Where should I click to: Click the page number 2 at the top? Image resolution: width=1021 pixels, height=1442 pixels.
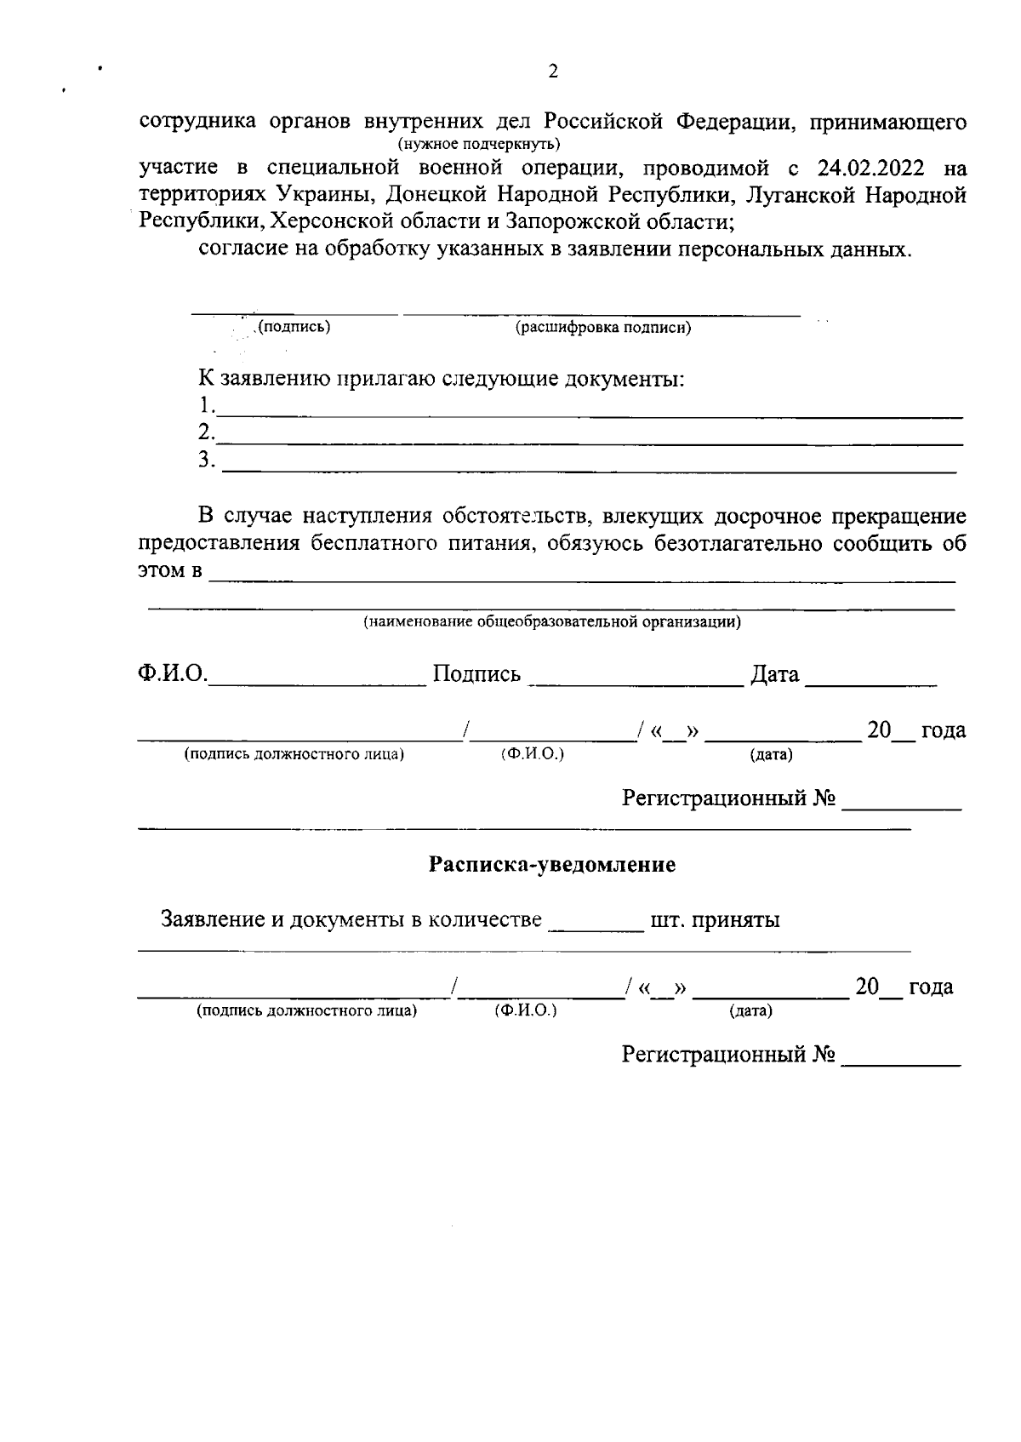(x=553, y=72)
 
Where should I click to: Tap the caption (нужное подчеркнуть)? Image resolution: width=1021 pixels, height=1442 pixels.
(x=479, y=143)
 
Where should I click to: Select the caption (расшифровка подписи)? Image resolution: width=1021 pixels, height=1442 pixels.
(x=603, y=328)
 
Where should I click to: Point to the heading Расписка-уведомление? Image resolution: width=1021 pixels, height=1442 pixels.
(x=552, y=865)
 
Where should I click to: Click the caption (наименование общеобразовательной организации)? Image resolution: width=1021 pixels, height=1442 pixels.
(x=552, y=621)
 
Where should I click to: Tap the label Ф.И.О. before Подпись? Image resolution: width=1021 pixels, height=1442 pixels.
(x=172, y=674)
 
